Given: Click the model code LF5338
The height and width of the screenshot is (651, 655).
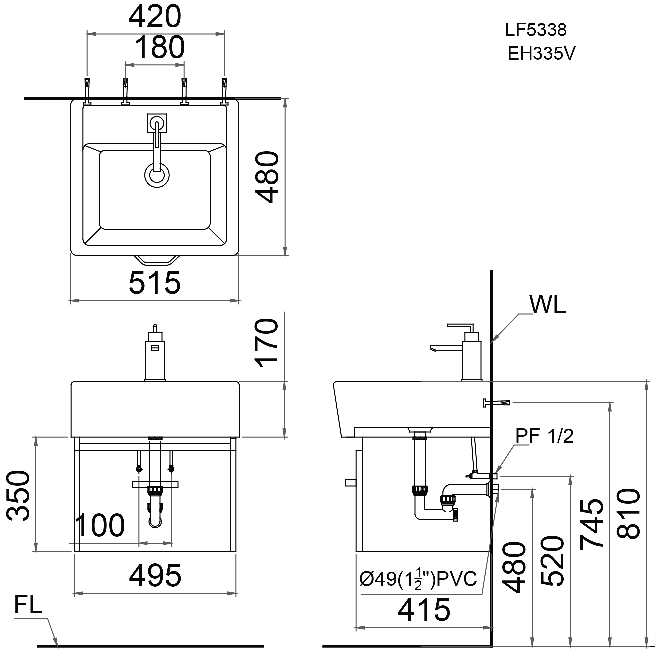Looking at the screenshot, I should point(536,30).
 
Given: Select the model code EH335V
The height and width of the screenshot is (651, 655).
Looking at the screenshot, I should point(541,54).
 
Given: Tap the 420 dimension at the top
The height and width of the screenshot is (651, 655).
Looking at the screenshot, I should point(155,17).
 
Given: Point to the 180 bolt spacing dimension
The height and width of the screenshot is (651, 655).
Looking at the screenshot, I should point(160,47).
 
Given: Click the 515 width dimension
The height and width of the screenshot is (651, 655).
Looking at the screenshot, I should point(155,282).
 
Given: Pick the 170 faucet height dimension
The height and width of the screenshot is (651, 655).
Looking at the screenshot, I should point(267,343).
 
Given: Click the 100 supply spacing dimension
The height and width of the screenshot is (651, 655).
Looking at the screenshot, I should point(100,526).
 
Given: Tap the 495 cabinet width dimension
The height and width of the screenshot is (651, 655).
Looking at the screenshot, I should point(155,576).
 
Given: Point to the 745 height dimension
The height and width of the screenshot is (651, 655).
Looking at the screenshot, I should point(592,524).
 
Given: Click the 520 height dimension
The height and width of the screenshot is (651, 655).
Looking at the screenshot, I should point(552,561).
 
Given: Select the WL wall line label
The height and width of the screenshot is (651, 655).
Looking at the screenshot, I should point(548,305).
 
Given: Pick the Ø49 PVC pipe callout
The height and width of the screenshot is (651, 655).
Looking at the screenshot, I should point(418,579).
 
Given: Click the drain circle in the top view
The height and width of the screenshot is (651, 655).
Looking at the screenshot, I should point(157,175).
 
